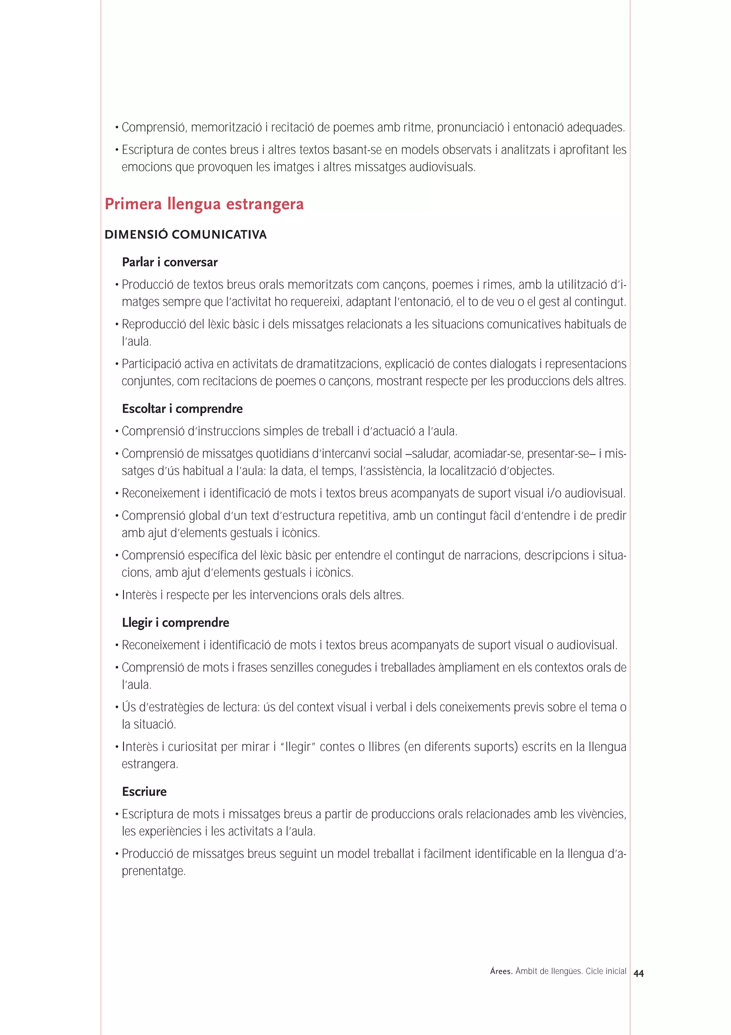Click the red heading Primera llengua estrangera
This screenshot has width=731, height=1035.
click(204, 204)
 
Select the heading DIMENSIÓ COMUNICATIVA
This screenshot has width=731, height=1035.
click(186, 235)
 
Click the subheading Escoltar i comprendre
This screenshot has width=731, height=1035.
click(182, 409)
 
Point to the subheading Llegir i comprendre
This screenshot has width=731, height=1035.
click(175, 622)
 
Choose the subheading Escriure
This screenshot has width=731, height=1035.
click(144, 791)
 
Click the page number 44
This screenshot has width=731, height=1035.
click(638, 974)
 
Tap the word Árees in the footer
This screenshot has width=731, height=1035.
click(501, 971)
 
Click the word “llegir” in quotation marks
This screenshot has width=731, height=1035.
click(298, 747)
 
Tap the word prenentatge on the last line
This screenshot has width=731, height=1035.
click(153, 871)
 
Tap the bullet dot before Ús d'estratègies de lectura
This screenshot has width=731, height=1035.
click(117, 708)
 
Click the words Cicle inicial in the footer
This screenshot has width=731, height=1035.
click(606, 971)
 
